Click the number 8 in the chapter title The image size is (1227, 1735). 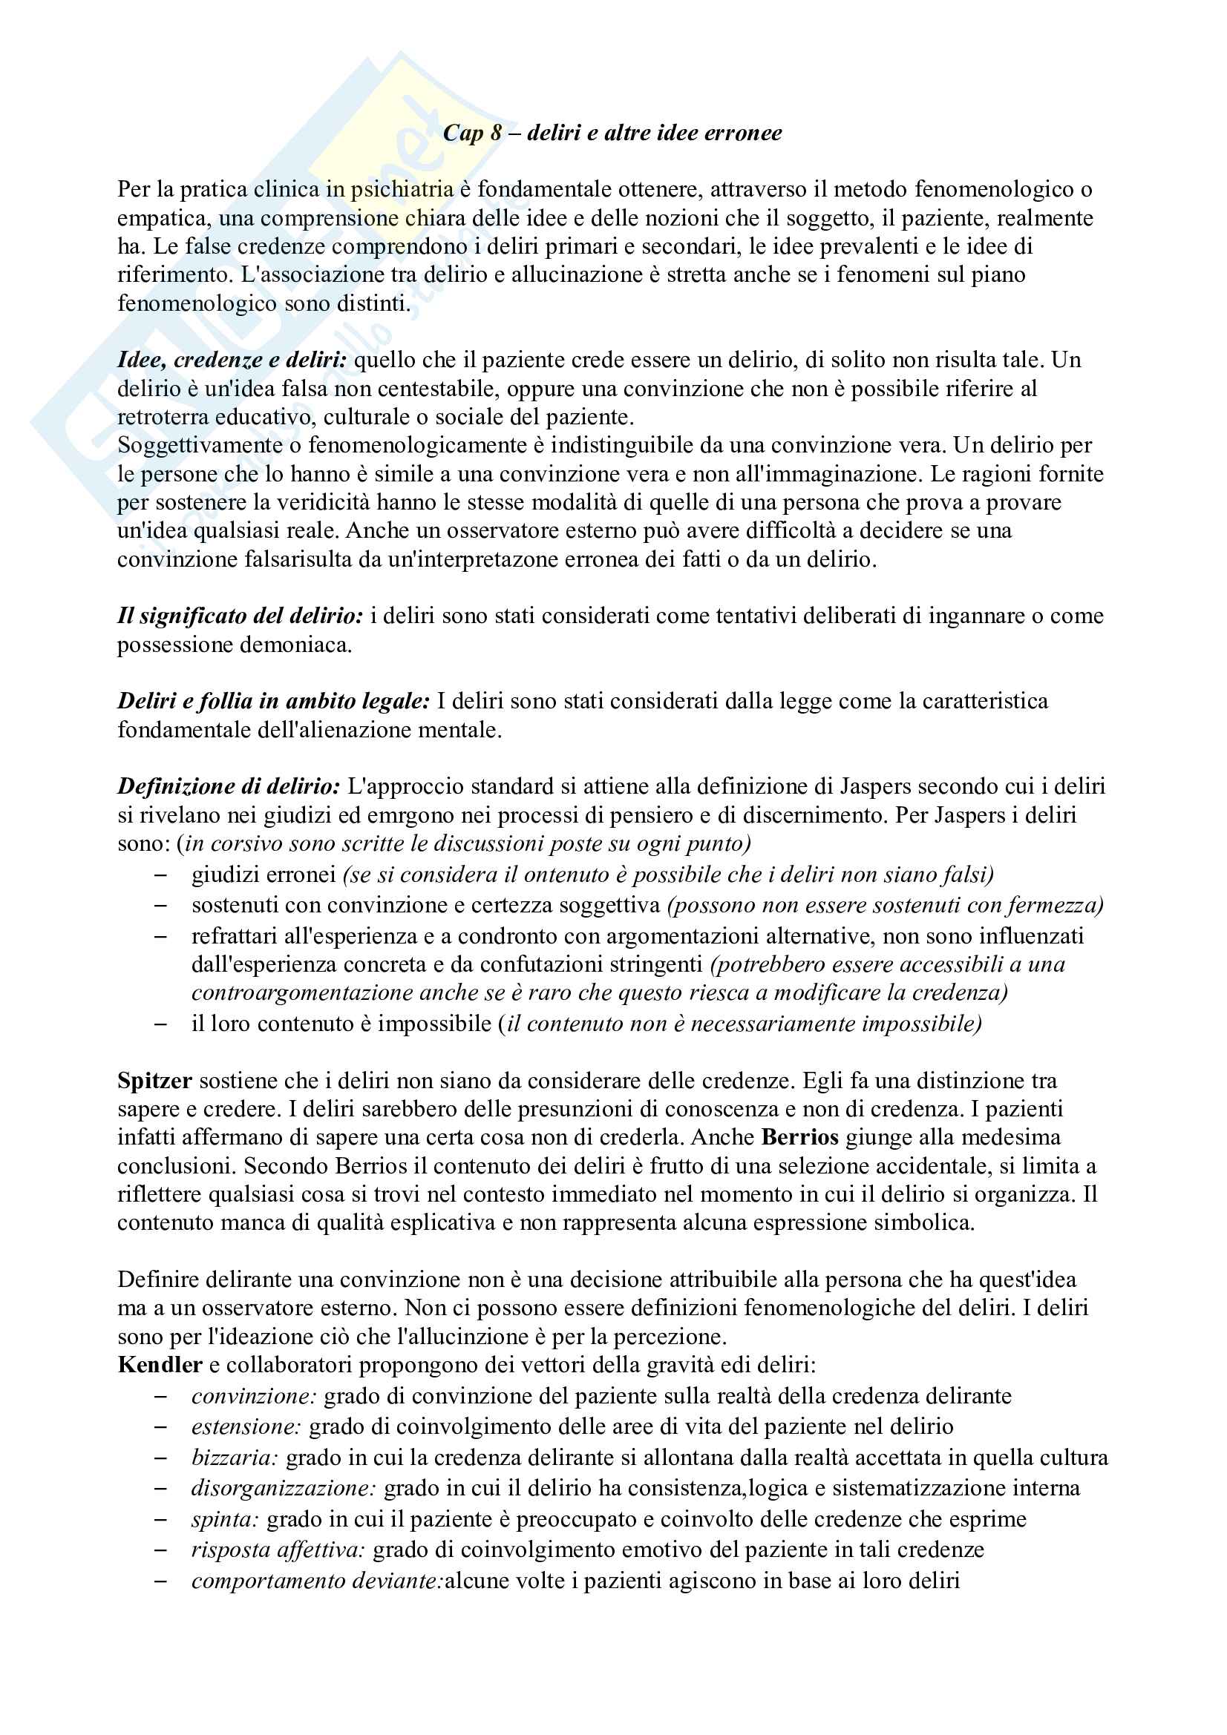coord(496,133)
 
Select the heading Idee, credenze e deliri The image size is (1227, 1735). coord(232,360)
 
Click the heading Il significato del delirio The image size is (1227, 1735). coord(241,616)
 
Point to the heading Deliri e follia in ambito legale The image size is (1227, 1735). coord(273,701)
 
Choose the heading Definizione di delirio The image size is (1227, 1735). coord(229,786)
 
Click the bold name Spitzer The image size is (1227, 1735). coord(154,1082)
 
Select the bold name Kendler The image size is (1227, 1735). coord(160,1366)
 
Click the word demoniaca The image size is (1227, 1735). coord(301,645)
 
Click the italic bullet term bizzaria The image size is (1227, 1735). coord(235,1458)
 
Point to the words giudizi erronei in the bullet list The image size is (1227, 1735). coord(263,875)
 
